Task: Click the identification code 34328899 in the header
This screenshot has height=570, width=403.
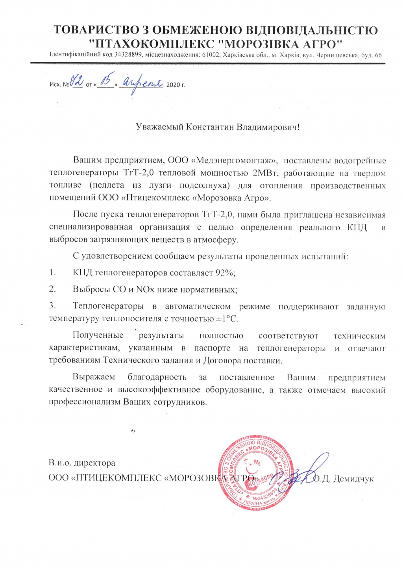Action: point(128,55)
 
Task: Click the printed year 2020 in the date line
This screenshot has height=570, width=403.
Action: point(173,85)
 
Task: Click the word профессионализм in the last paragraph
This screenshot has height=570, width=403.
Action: point(85,402)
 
